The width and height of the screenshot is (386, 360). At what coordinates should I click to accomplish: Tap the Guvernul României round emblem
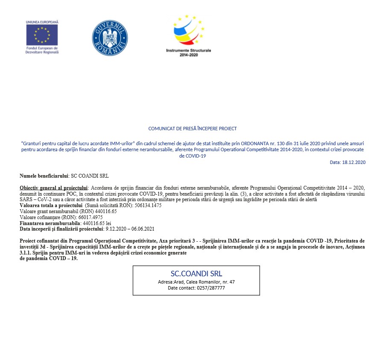coord(110,38)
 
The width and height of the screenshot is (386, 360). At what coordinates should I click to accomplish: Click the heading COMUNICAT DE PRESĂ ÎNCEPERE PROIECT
coord(193,128)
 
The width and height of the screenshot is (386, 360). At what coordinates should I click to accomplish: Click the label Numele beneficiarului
coord(44,176)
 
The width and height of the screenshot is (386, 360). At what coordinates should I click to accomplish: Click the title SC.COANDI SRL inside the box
coord(196,274)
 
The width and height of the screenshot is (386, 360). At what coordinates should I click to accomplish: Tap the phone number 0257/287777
coord(210,288)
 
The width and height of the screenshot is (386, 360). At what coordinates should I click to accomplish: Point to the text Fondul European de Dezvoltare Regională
coord(42,50)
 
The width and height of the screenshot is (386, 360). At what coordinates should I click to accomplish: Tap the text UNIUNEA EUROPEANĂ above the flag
coord(42,21)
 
